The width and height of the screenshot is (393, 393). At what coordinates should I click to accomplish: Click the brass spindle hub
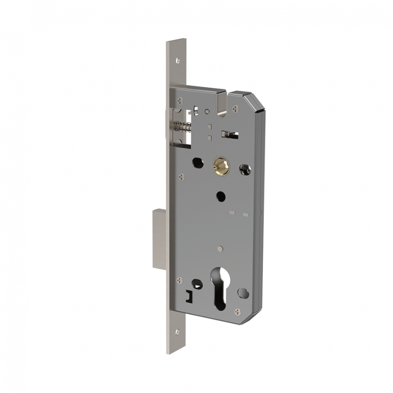point(221,165)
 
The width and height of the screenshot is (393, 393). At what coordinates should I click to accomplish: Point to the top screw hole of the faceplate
point(178,60)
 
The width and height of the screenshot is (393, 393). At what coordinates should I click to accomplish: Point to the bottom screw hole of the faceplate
point(177,332)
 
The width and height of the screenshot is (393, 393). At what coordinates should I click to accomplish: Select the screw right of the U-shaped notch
point(235,108)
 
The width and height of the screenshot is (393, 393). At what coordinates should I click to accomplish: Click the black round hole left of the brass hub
point(198,162)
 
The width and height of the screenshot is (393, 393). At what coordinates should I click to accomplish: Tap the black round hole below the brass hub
point(221,196)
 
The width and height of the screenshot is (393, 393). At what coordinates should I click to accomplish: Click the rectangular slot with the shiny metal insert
point(229,134)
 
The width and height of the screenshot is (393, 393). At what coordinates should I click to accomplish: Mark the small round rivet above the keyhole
point(219,249)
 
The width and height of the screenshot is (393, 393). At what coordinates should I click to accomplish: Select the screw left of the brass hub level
point(182,177)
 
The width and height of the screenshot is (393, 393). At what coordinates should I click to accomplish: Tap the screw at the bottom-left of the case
point(179,280)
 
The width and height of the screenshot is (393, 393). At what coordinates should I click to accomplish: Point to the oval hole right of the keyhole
point(243,293)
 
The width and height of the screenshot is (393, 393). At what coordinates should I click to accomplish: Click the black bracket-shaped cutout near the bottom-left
point(189,296)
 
